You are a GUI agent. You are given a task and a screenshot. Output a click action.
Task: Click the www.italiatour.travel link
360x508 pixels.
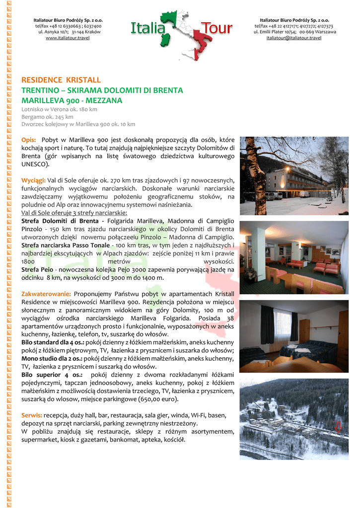pyautogui.click(x=68, y=38)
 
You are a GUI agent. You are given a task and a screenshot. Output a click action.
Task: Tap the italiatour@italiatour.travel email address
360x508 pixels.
pyautogui.click(x=293, y=38)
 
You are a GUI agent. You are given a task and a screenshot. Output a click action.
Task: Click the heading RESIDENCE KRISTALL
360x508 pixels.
pyautogui.click(x=61, y=80)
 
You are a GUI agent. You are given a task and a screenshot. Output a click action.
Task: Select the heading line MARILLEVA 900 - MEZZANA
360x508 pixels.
pyautogui.click(x=72, y=101)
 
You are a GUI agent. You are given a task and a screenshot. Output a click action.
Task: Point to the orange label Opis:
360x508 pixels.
pyautogui.click(x=28, y=140)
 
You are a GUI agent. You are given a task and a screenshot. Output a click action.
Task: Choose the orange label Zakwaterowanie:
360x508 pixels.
pyautogui.click(x=46, y=294)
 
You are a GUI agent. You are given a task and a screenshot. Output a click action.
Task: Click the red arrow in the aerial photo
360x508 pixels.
pyautogui.click(x=338, y=427)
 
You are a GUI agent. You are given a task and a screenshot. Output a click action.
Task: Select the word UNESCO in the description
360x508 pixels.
pyautogui.click(x=34, y=164)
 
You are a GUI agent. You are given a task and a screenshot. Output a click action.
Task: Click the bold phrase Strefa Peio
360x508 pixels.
pyautogui.click(x=37, y=269)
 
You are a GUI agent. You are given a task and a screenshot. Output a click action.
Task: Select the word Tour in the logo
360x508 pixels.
pyautogui.click(x=216, y=29)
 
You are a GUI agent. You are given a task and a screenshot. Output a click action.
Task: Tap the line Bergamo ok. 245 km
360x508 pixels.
pyautogui.click(x=47, y=117)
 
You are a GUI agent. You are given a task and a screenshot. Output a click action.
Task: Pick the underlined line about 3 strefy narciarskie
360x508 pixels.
pyautogui.click(x=67, y=212)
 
